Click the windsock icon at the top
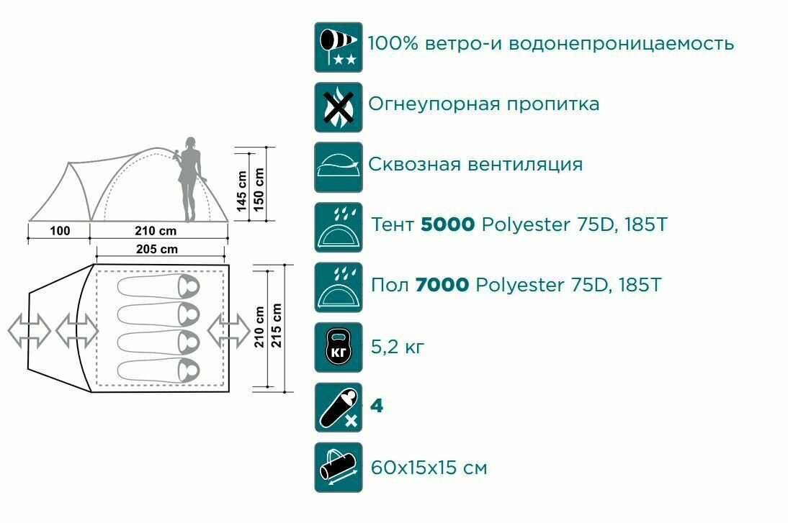coord(339,47)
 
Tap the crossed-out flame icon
coord(339,107)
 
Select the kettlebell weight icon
coord(339,348)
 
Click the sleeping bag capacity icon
coord(339,408)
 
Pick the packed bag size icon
coord(339,468)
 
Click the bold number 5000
coord(447,225)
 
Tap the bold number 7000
coord(442,286)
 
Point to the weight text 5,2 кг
coord(397,347)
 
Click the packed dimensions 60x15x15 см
coord(429,468)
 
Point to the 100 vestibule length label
coord(61,232)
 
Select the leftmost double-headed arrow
coord(29,330)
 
